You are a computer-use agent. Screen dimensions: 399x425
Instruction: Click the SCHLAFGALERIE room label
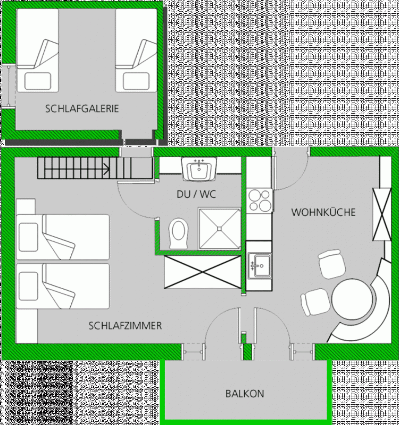(82, 109)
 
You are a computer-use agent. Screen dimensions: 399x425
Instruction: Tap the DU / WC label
(196, 194)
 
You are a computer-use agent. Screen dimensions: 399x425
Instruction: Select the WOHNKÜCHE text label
(323, 212)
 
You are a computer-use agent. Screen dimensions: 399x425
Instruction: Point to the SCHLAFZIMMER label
(125, 326)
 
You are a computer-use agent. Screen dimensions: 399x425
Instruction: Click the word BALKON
(245, 394)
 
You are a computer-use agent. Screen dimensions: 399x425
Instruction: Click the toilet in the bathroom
(178, 234)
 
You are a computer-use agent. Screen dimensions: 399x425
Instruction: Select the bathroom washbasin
(199, 168)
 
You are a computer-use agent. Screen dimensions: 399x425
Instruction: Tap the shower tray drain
(220, 228)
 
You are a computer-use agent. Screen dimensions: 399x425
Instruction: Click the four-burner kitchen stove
(260, 200)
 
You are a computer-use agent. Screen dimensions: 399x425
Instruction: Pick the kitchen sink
(260, 266)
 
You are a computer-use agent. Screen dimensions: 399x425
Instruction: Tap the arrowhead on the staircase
(107, 169)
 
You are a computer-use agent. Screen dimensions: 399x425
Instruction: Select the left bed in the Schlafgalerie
(38, 50)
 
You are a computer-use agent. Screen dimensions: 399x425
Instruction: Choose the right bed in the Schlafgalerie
(136, 50)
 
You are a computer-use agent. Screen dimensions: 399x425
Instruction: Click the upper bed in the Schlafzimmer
(63, 237)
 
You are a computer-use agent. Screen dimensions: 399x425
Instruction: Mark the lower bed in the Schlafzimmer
(63, 286)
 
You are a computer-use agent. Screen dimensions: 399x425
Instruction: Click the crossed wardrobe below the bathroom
(203, 272)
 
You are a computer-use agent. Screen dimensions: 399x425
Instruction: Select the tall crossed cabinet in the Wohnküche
(382, 214)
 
